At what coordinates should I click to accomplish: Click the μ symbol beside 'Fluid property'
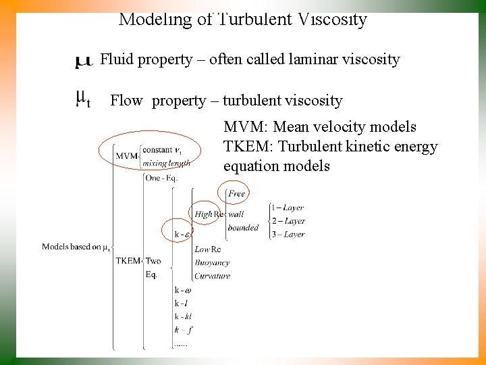84,62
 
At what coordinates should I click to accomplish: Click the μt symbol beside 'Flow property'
82,100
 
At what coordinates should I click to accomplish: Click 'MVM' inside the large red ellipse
126,156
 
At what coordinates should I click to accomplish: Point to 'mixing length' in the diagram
167,163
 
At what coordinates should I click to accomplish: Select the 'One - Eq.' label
161,178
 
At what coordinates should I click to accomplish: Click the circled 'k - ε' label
182,235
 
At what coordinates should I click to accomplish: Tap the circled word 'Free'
237,193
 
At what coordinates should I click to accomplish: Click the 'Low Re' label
208,249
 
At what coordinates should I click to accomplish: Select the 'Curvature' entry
213,276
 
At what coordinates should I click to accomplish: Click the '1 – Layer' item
288,208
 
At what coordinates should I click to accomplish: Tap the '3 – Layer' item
288,235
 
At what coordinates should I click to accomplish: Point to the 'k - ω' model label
183,289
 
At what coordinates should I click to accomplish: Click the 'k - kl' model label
184,316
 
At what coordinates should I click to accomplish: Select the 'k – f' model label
182,330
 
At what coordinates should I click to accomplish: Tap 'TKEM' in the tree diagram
128,260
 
